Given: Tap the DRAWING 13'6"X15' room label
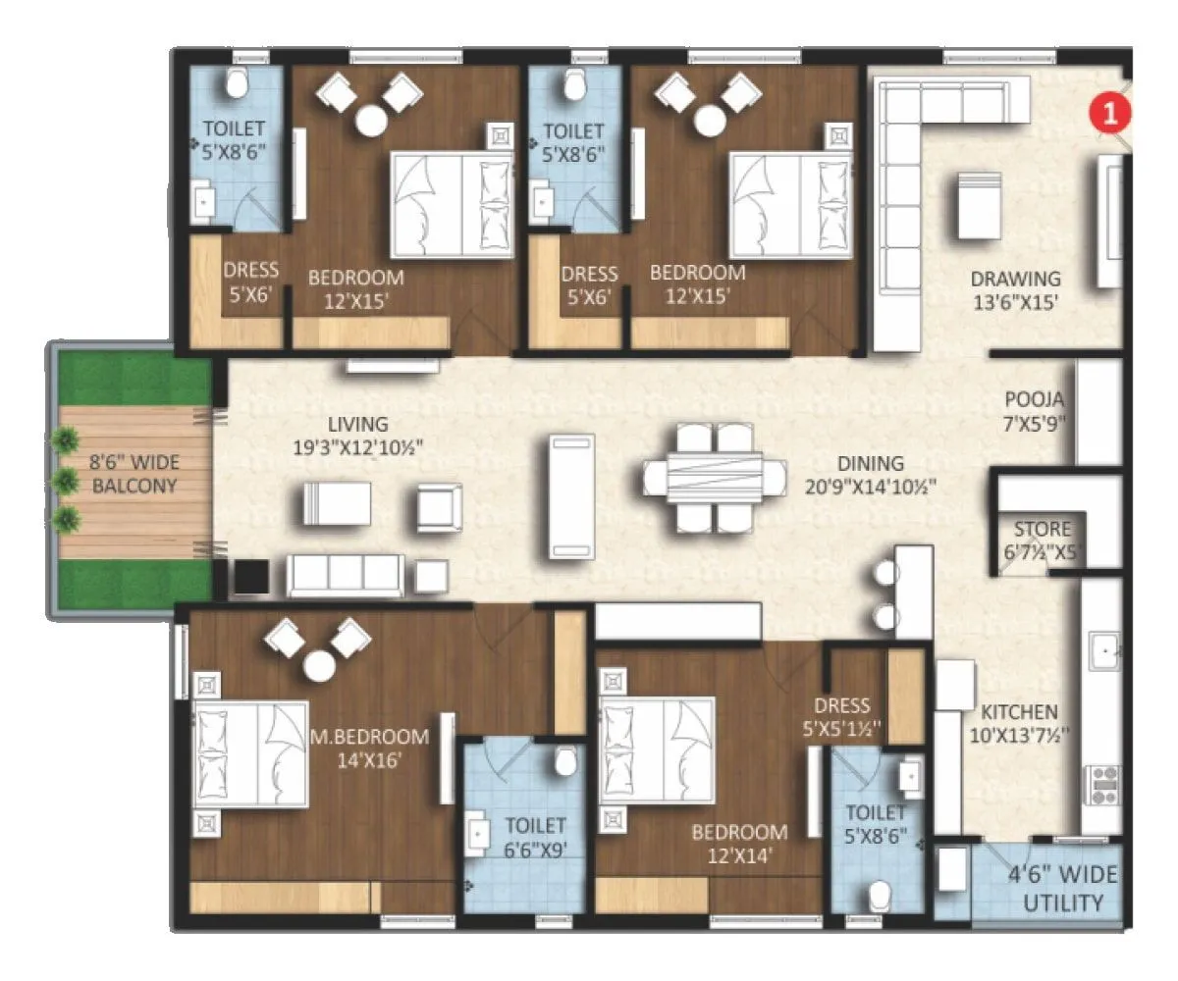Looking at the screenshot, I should pos(1015,290).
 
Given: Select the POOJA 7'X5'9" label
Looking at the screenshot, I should pos(1035,413).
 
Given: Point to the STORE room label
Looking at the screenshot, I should pos(1043,540).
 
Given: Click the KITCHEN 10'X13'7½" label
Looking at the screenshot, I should pos(1021,723).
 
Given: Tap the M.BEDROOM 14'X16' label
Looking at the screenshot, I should pos(370,748).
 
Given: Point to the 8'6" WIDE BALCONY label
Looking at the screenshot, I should pos(122,473).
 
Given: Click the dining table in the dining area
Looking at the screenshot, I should pos(715,477).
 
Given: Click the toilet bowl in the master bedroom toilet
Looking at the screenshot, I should pos(566,761).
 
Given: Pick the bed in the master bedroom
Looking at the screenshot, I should pos(251,752).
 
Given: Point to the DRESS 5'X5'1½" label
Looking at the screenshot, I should pos(841,717).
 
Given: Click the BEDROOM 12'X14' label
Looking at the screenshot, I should pos(738,844).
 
